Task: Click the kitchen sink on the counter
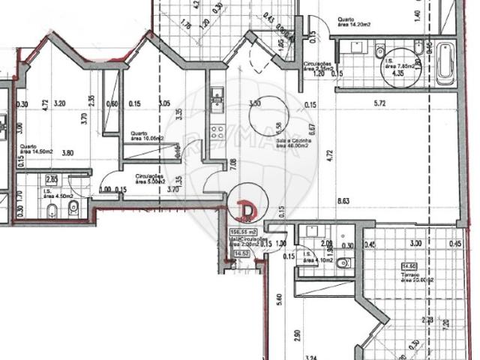click(217, 96)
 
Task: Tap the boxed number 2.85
click(52, 179)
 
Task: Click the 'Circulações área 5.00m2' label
click(150, 180)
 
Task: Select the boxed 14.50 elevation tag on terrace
click(410, 266)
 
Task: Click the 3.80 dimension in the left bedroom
click(70, 152)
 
